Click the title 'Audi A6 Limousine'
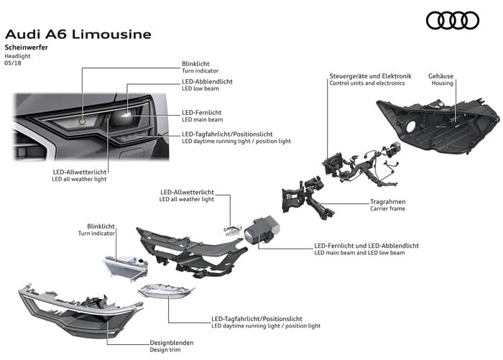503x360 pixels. pos(78,34)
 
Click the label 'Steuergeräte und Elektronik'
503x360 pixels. pos(370,75)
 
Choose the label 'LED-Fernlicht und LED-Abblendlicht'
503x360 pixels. pos(366,246)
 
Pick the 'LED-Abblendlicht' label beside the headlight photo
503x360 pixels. pos(207,82)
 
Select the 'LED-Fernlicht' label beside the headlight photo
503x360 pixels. pos(201,114)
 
